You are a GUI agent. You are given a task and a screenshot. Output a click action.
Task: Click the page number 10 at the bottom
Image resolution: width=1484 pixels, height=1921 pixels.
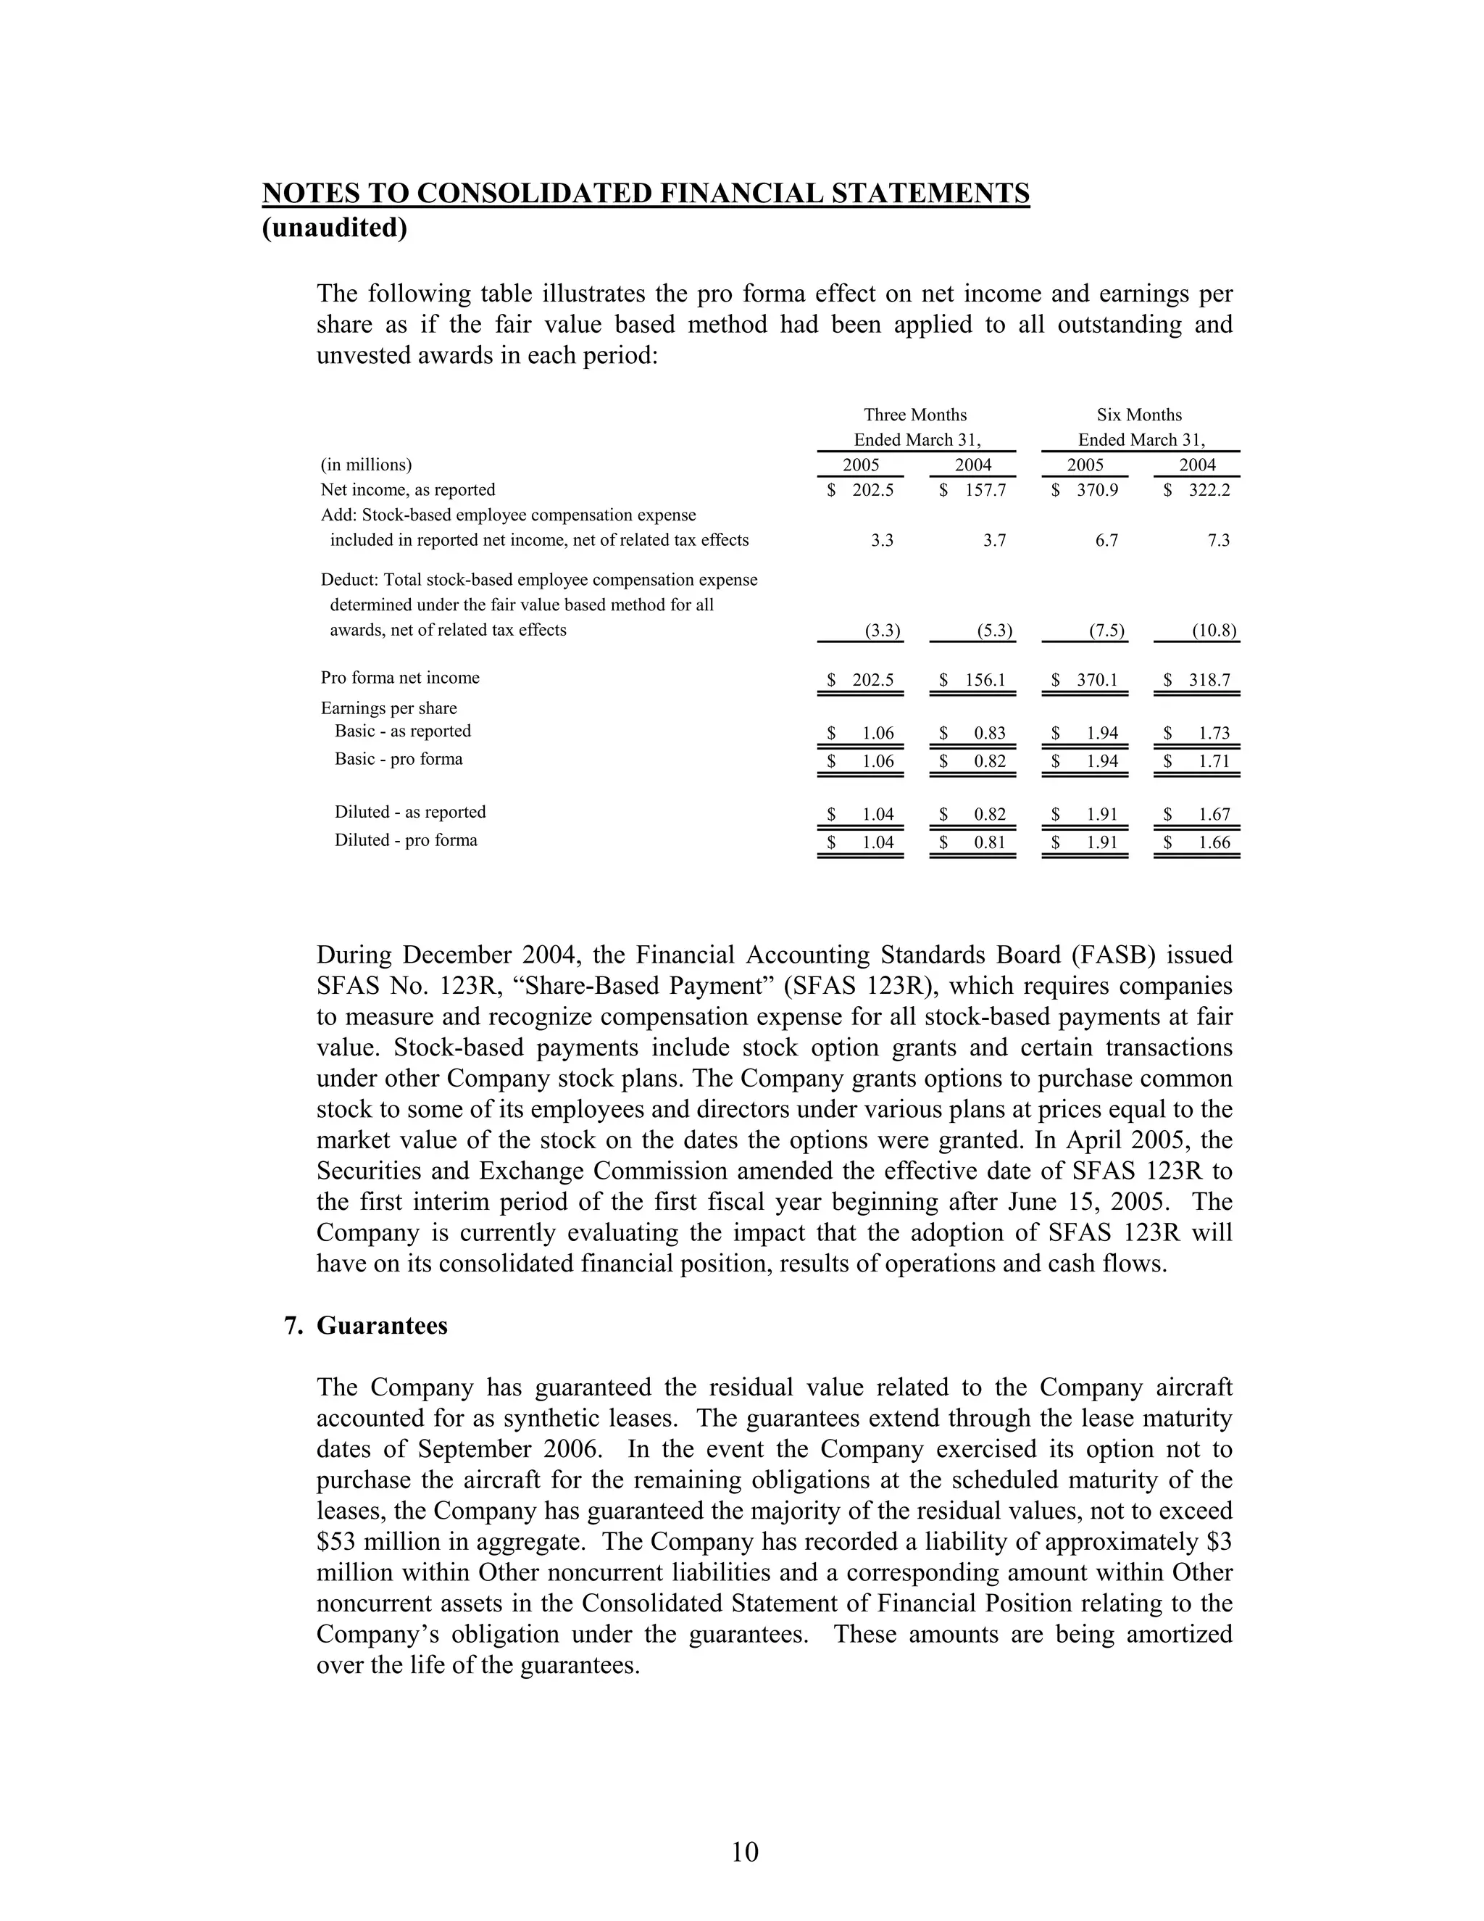[x=743, y=1851]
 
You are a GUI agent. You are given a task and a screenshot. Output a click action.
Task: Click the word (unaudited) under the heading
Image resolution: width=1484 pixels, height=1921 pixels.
[x=335, y=228]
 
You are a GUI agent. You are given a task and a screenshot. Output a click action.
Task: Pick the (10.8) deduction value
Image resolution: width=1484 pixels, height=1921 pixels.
[x=1214, y=631]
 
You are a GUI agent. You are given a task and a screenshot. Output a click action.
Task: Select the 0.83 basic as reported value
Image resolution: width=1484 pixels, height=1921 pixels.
[x=989, y=734]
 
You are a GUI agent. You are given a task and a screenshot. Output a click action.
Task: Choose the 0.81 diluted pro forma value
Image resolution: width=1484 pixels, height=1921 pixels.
[x=989, y=842]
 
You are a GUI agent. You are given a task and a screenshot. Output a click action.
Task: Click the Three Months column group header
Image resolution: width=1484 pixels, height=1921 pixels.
[x=915, y=415]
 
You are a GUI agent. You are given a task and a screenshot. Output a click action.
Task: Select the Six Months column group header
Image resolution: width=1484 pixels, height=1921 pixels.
[x=1139, y=415]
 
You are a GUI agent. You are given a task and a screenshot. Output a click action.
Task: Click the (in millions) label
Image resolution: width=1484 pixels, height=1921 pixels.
[x=367, y=465]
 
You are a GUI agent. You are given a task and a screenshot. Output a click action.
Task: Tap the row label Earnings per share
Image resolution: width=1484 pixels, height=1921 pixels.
[x=388, y=708]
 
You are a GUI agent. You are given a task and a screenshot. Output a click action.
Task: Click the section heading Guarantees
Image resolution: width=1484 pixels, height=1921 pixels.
[x=382, y=1326]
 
